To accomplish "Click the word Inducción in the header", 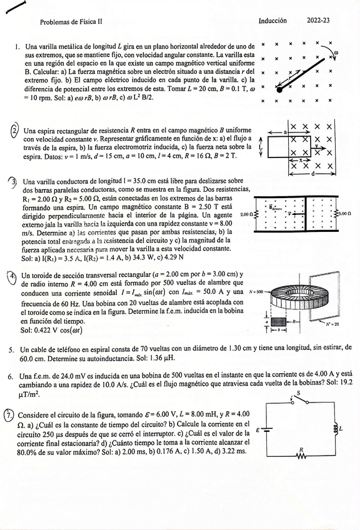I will point(272,21).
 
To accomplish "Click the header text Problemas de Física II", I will point(71,21).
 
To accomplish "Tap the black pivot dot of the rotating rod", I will point(279,89).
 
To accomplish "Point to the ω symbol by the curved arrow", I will point(336,53).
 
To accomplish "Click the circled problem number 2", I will point(14,131).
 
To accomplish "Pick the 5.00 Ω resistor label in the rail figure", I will point(344,213).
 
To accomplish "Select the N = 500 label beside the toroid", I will point(257,292).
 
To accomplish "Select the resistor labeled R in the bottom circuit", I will point(301,455).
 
